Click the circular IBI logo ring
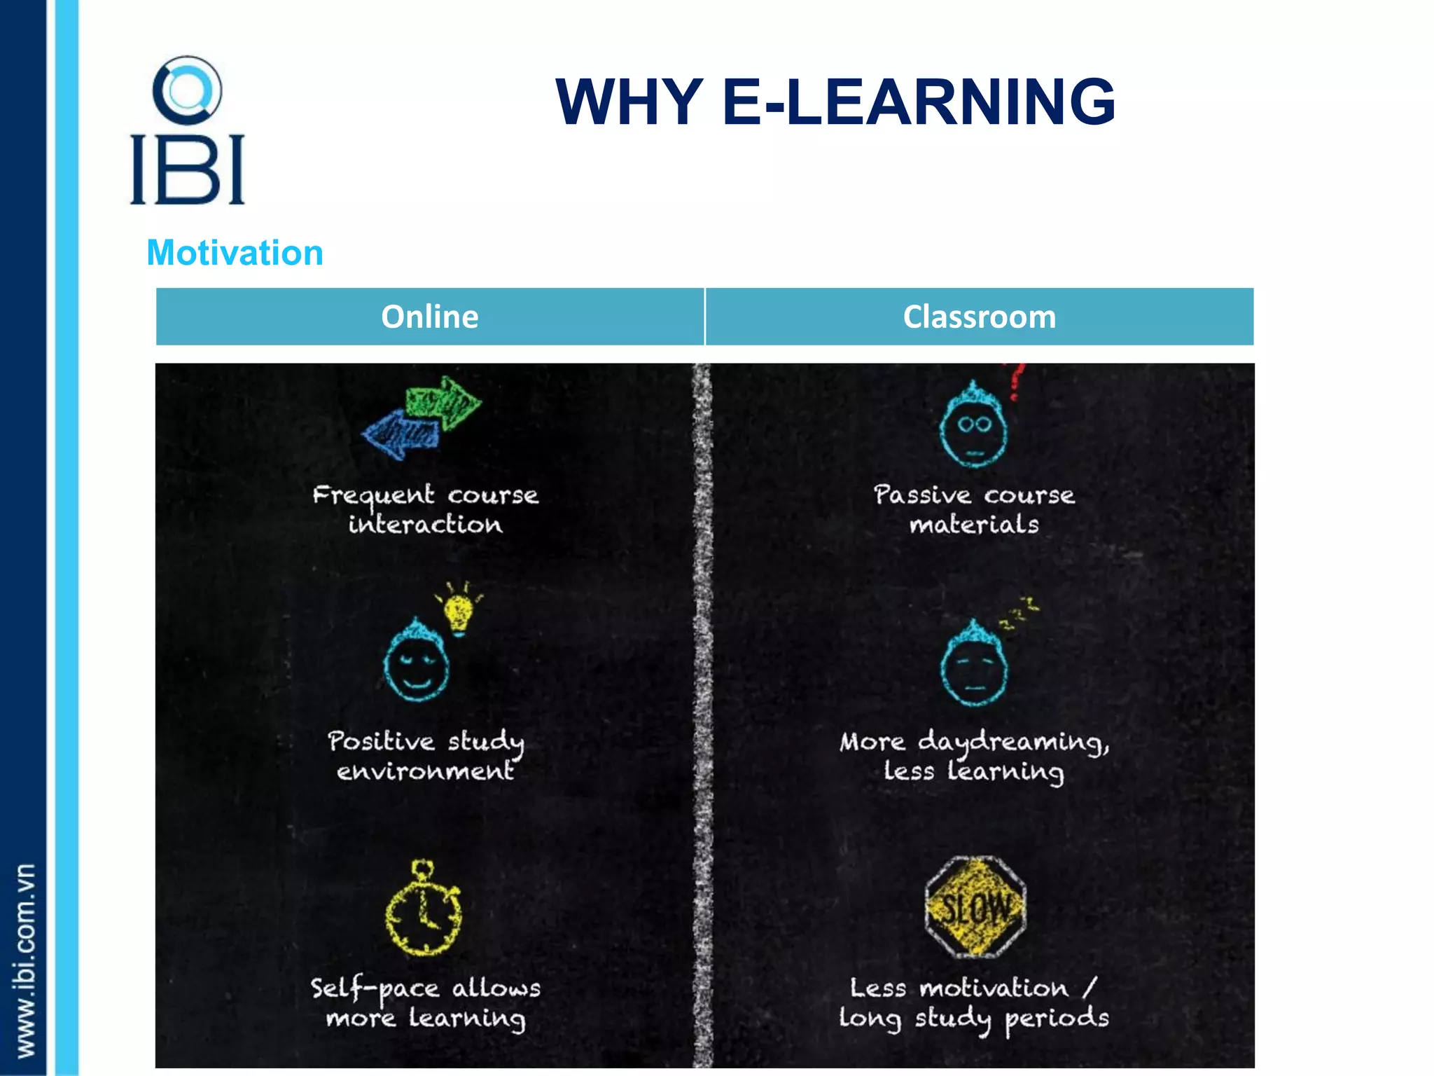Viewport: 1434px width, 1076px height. [187, 90]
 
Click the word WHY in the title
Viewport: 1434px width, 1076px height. [629, 102]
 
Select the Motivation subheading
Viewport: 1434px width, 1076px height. [235, 252]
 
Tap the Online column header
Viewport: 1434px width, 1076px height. [429, 317]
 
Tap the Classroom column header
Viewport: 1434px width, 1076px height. [979, 317]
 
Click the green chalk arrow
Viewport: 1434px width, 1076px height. [445, 402]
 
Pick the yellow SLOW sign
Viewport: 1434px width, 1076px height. [975, 908]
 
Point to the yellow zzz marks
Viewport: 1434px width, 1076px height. [1019, 612]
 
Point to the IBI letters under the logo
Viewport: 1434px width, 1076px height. [187, 170]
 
